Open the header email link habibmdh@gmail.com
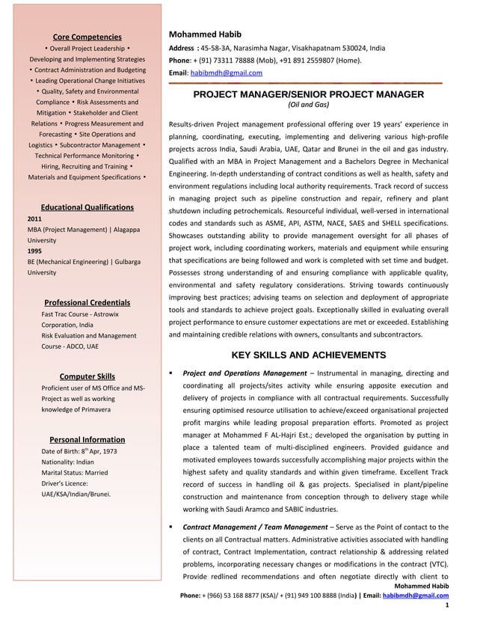click(x=226, y=73)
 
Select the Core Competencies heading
click(x=87, y=37)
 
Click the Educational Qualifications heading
click(x=87, y=207)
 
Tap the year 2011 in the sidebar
click(x=34, y=218)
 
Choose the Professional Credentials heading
click(x=87, y=302)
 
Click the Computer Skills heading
click(x=87, y=376)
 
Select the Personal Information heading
click(x=87, y=439)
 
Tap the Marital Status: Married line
click(x=75, y=473)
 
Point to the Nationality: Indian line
click(x=67, y=462)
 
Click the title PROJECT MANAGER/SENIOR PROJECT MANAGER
click(x=308, y=94)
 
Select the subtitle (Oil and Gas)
click(x=308, y=105)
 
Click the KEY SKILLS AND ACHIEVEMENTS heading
click(x=308, y=355)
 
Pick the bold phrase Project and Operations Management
click(x=244, y=373)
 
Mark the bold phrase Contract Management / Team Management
click(x=255, y=527)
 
